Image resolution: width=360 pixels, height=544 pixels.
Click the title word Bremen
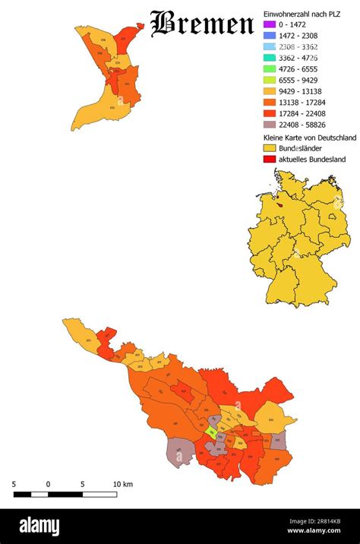[x=201, y=24]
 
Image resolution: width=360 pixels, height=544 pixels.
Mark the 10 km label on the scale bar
[x=123, y=484]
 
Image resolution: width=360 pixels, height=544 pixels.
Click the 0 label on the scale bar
[x=48, y=484]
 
